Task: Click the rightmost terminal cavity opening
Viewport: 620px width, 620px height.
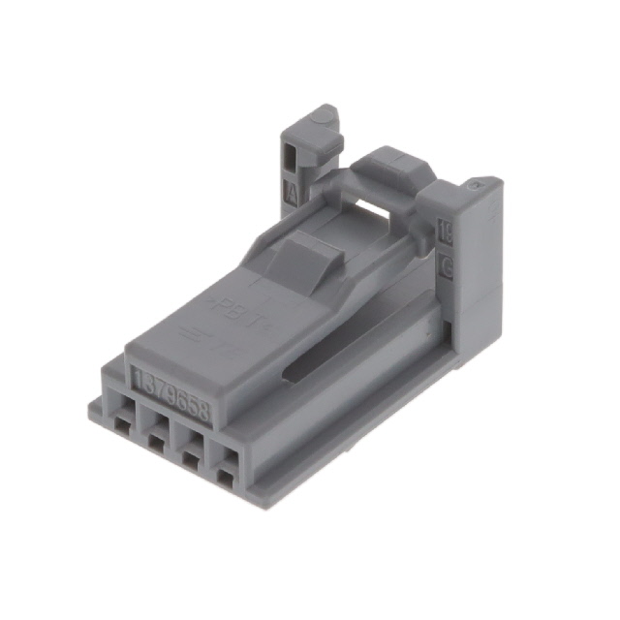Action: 227,476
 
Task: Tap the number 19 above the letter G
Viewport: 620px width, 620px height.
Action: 447,232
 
